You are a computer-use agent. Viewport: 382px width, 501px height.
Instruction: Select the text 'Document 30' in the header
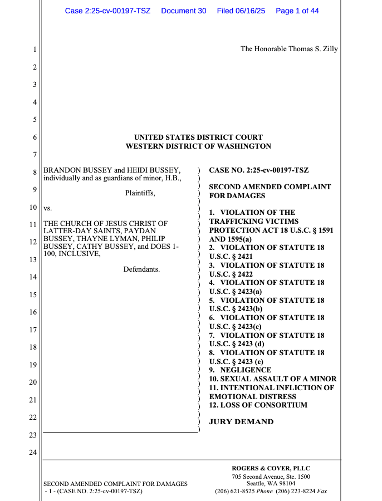tap(183, 11)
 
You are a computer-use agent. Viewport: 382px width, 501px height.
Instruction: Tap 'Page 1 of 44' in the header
tap(297, 11)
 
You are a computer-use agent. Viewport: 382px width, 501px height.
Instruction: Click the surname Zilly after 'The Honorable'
tap(328, 49)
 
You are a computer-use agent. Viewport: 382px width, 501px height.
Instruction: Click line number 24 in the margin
tap(32, 453)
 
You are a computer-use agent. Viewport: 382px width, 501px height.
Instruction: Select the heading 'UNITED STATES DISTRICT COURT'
tap(198, 137)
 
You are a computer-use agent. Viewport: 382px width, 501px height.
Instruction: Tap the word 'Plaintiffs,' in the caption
tap(140, 194)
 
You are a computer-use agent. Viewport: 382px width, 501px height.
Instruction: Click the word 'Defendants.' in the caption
tap(141, 269)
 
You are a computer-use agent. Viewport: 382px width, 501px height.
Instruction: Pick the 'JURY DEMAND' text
tap(241, 422)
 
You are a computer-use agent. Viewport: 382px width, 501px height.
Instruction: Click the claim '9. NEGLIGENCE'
tap(240, 370)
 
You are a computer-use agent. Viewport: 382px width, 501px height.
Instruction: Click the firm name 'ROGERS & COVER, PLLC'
tap(271, 469)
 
